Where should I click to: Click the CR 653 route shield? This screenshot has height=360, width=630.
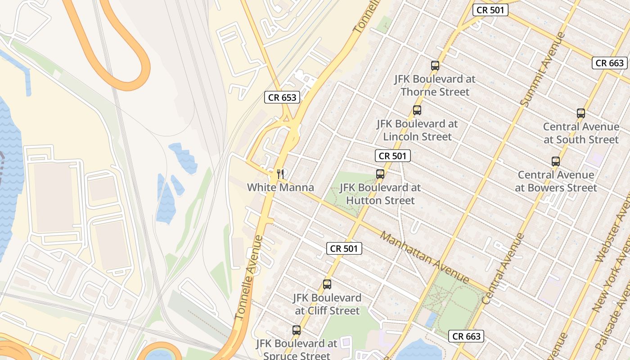click(282, 97)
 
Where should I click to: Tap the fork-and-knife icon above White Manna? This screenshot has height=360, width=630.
click(280, 173)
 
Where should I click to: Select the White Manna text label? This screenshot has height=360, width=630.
click(280, 187)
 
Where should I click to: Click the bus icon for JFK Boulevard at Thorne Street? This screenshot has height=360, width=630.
click(435, 65)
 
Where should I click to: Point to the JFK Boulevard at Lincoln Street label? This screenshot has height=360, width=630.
click(417, 130)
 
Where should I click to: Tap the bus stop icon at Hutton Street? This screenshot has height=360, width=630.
click(380, 174)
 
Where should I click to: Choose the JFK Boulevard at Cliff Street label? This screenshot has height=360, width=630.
click(327, 304)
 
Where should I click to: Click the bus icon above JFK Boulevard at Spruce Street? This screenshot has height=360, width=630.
click(296, 330)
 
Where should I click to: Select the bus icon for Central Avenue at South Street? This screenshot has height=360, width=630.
click(581, 113)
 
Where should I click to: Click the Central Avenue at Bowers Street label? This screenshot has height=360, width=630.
click(556, 181)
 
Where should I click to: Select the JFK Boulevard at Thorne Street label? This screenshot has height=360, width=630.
click(435, 85)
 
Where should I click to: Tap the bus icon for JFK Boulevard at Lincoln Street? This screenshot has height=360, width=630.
click(417, 110)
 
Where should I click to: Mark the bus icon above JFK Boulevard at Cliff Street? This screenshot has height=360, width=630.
click(327, 284)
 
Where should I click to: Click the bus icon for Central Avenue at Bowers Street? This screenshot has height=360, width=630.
click(556, 161)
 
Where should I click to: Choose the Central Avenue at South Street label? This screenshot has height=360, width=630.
click(581, 133)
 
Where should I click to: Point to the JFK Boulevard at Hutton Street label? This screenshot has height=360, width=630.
click(380, 193)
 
